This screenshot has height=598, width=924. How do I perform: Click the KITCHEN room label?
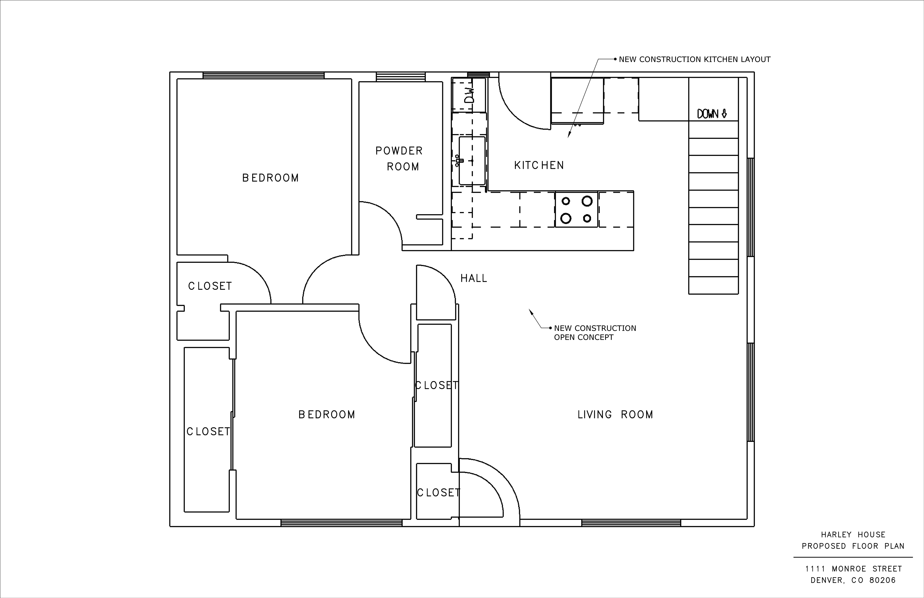(539, 165)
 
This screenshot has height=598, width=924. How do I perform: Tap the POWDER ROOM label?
(399, 158)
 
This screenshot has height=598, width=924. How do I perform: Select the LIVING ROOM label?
(615, 415)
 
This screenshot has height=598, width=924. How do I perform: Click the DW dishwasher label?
(470, 95)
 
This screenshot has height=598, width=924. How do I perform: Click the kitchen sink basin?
(472, 160)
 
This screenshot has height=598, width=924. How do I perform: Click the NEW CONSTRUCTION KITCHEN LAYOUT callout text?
(694, 59)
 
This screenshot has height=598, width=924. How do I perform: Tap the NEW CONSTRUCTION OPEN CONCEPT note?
(595, 333)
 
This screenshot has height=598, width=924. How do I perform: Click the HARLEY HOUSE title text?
(853, 535)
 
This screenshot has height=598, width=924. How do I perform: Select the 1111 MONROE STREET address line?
(853, 569)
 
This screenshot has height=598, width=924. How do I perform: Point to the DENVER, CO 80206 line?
(853, 580)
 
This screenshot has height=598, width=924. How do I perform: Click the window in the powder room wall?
(401, 77)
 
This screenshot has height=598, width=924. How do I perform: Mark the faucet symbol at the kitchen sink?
(459, 160)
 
